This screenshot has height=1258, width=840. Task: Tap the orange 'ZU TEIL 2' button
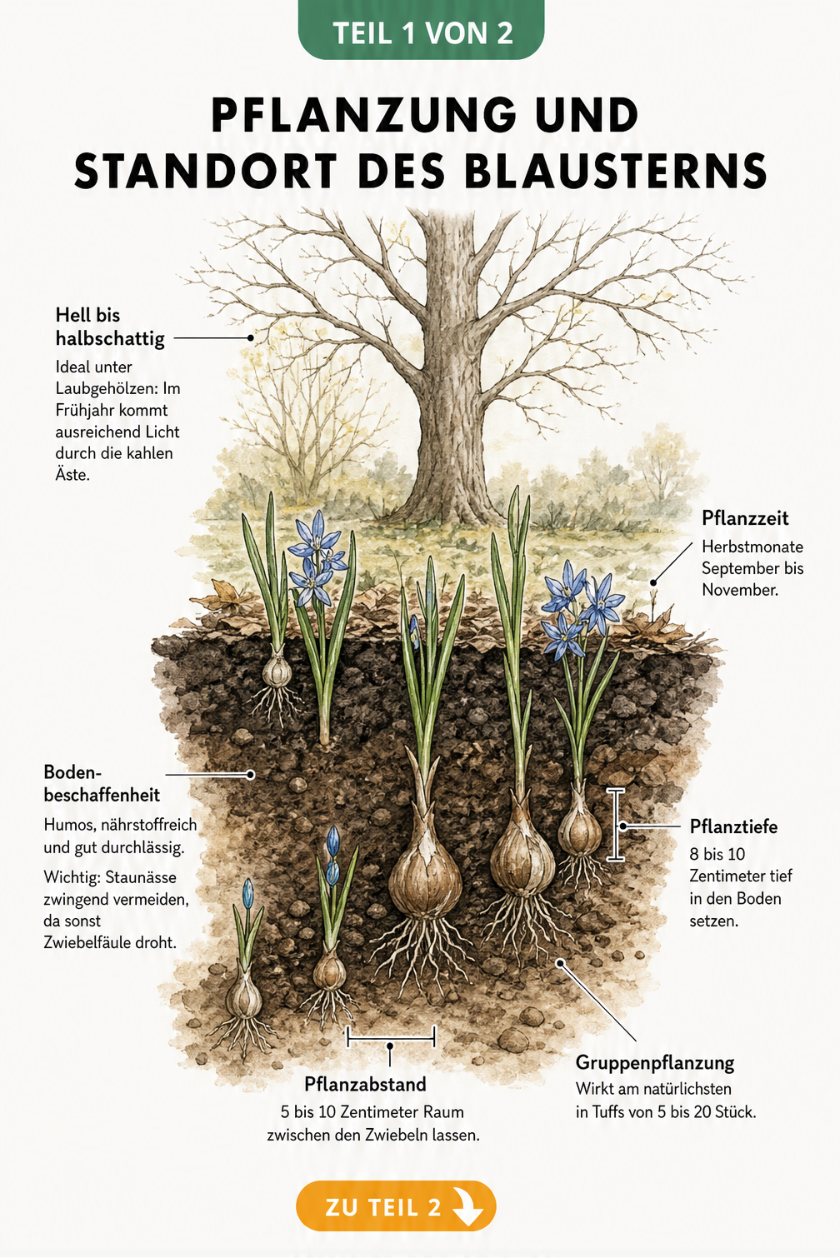396,1206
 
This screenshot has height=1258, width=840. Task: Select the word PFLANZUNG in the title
363,115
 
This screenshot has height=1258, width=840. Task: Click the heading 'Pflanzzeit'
745,518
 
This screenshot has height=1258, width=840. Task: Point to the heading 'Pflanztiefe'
733,826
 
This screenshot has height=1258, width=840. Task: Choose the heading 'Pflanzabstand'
365,1084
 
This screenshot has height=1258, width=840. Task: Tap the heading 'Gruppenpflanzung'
654,1062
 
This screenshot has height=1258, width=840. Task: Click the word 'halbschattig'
110,339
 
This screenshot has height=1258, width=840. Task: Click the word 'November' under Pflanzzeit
738,590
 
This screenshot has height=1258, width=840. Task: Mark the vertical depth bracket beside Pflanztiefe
616,825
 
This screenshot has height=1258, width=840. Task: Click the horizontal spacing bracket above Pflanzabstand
391,1038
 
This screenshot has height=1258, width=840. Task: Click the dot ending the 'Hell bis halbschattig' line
251,338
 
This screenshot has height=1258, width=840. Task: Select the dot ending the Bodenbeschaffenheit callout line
251,775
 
